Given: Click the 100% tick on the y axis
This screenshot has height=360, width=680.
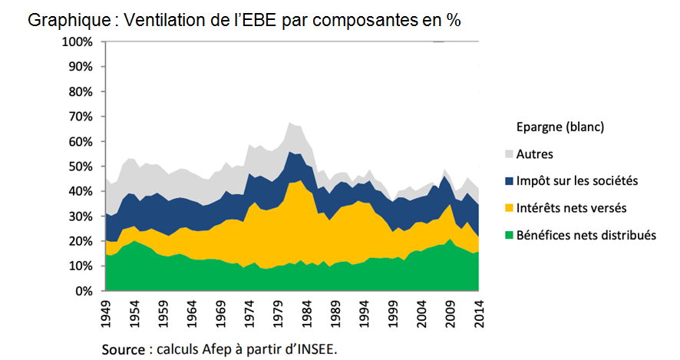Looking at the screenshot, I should click(x=78, y=41).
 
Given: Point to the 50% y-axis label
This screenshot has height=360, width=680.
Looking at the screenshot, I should click(x=81, y=167).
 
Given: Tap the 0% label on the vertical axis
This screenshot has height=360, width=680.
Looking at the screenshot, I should click(x=84, y=292).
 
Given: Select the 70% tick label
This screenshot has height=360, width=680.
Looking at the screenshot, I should click(x=81, y=117).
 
